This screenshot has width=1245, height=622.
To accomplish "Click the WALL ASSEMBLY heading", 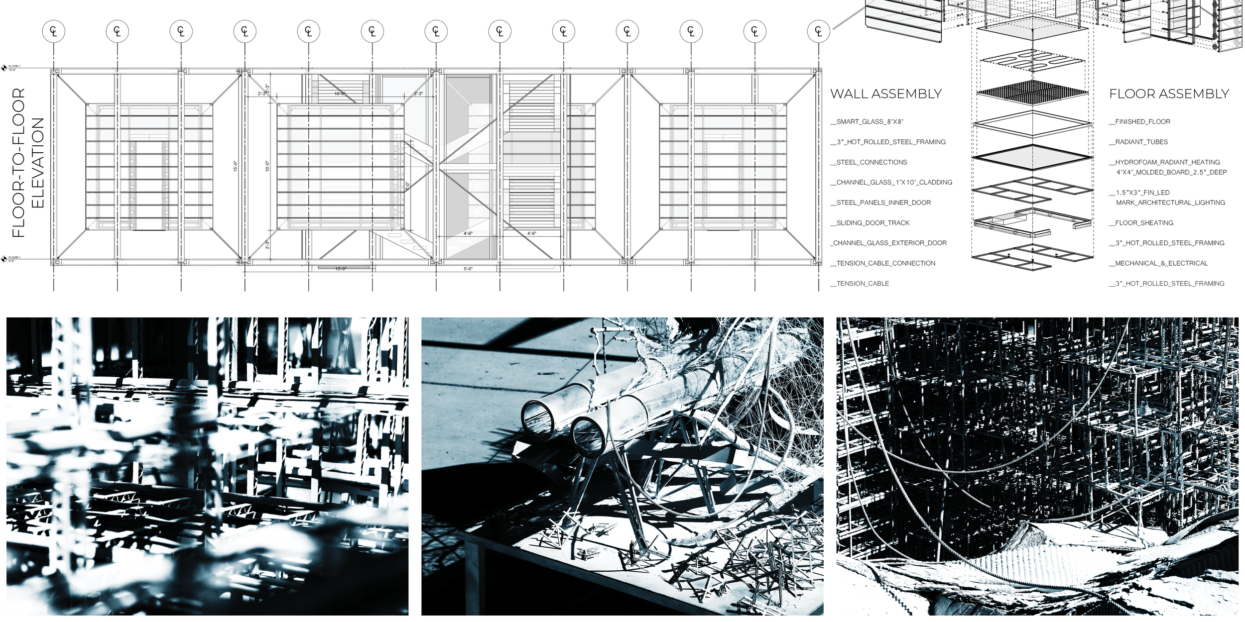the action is coord(886,94).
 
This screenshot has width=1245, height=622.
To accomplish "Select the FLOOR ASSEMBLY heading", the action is coord(1169,94).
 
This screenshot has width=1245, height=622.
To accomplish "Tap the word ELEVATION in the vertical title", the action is coord(38,163).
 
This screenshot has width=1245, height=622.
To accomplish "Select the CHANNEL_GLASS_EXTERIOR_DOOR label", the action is coord(889,243).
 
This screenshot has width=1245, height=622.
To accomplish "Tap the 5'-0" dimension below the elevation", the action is coord(468,269).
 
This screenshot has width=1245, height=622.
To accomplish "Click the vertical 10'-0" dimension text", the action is coord(267,166).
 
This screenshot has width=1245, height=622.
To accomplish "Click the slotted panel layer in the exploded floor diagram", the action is coord(1032,62).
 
